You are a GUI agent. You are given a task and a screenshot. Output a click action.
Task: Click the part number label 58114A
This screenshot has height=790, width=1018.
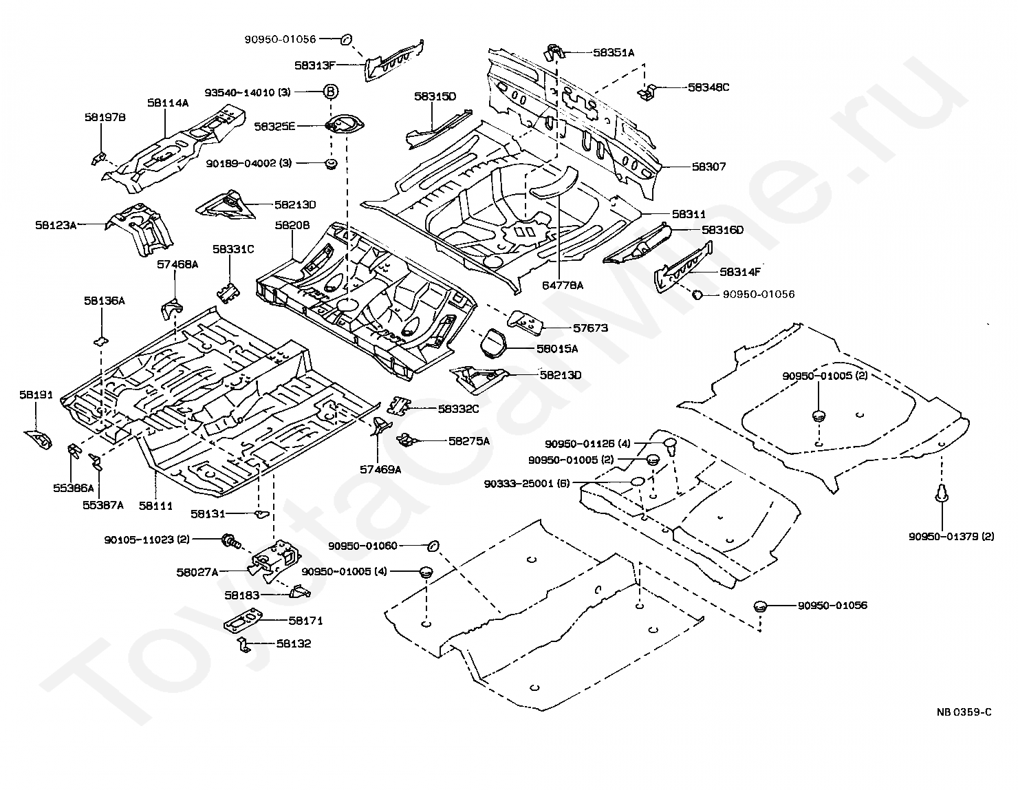point(167,103)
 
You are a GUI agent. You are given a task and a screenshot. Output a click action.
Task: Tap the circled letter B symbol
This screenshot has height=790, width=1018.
point(331,92)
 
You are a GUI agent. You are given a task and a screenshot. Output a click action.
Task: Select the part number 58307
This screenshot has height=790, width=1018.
point(708,167)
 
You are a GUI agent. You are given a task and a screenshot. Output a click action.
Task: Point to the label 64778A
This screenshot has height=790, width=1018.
point(561,286)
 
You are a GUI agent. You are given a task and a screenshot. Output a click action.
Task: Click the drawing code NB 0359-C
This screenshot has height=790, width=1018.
point(964,712)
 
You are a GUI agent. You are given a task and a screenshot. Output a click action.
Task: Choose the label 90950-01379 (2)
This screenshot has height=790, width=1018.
point(951,537)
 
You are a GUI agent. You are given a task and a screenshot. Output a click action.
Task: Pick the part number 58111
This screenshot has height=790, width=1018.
point(155,505)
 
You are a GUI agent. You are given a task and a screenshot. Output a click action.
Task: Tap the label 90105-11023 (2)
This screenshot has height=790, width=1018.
point(147,540)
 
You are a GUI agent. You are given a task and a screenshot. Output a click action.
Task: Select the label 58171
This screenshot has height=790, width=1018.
point(305,621)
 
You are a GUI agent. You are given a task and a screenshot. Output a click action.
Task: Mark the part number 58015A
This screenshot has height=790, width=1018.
point(557,349)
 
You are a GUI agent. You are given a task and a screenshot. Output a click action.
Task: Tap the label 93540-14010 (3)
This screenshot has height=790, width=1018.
point(247,92)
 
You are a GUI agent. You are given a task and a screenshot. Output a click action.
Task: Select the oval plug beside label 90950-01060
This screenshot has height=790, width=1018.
point(433,546)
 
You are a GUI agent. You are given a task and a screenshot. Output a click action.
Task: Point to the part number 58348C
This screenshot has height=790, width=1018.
point(708,87)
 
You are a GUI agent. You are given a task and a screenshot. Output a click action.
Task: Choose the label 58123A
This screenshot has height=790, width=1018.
point(56,224)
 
